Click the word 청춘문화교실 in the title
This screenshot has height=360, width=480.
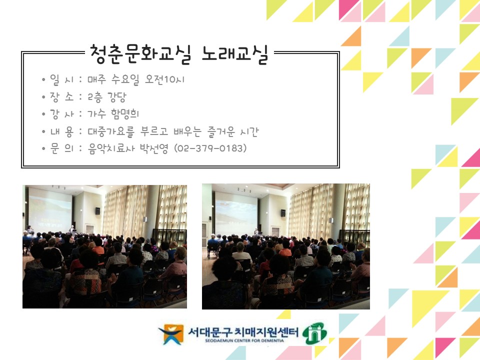pos(140,54)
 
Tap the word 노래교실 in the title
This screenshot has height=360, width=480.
pos(234,54)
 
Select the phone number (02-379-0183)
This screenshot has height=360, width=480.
pos(210,149)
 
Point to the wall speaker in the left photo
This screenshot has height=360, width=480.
pos(97,211)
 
